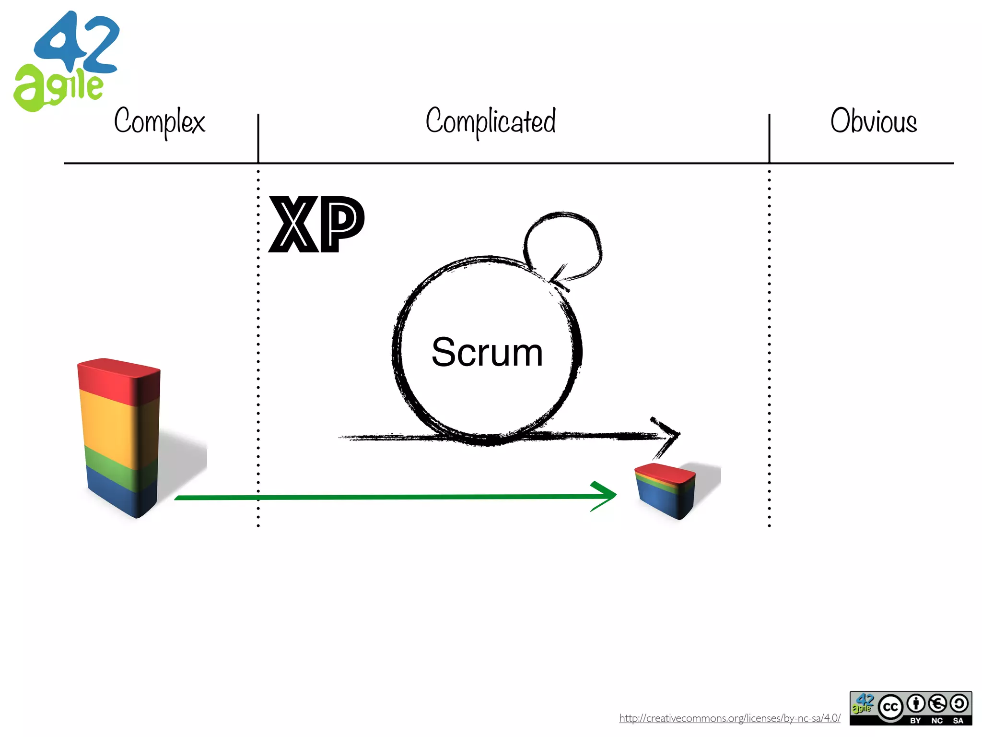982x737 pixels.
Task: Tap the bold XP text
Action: point(316,224)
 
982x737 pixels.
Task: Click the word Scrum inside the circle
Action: point(487,352)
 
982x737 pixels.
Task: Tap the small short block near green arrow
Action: point(666,491)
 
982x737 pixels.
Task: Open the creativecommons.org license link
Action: point(729,718)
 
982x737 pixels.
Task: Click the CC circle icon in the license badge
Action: point(890,707)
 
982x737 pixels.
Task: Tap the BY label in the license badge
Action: point(915,720)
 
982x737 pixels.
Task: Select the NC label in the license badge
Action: point(937,720)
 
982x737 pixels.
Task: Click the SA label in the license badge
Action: point(958,720)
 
